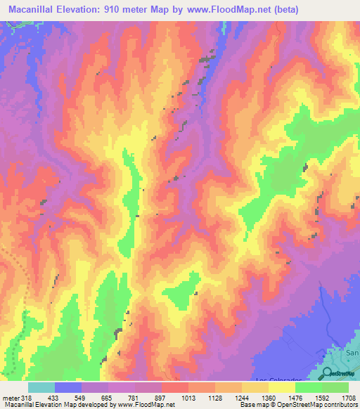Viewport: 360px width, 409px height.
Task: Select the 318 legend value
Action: tap(24, 397)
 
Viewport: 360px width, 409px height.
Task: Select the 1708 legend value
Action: tap(349, 397)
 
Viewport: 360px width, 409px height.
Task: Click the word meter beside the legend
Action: tap(10, 397)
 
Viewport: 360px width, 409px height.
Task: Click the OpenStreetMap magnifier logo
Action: tap(328, 373)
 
